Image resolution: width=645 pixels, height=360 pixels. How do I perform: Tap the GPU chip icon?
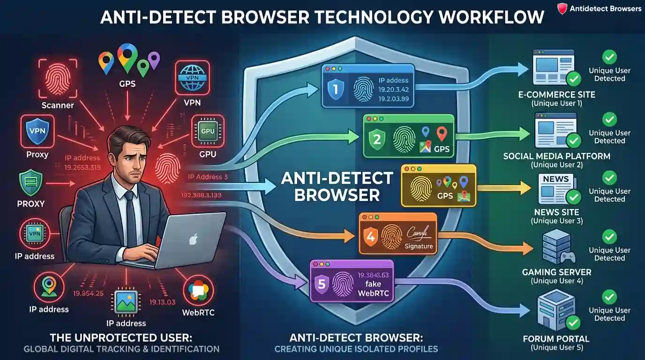point(208,132)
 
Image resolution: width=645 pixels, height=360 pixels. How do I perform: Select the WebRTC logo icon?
point(198,291)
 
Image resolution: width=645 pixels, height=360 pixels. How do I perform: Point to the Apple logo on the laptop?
point(192,240)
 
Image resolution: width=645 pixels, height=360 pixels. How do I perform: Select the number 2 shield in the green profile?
point(377,138)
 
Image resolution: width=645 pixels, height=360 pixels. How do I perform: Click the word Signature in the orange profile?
point(419,246)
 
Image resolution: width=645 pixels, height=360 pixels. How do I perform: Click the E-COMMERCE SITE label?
point(557,94)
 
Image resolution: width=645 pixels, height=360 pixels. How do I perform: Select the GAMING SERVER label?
point(557,272)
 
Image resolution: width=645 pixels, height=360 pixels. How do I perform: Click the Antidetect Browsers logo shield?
point(562,8)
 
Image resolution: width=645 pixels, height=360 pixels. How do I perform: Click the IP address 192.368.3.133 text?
point(200,195)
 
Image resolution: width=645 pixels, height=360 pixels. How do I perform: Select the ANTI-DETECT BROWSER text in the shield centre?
point(337,186)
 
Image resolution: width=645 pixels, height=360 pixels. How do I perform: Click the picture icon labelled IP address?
point(126,304)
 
